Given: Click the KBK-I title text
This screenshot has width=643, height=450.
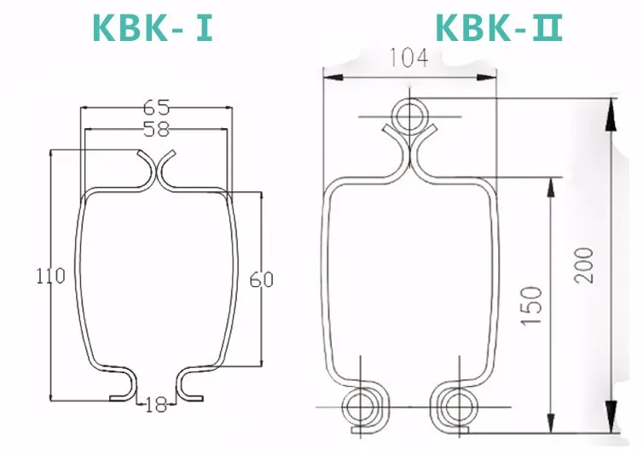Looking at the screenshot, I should click(152, 28).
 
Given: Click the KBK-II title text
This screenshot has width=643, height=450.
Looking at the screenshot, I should click(499, 28).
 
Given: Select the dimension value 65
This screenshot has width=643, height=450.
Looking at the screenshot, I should click(156, 107).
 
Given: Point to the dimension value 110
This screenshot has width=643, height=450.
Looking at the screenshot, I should click(50, 277).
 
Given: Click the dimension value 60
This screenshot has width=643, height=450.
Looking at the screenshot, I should click(262, 279).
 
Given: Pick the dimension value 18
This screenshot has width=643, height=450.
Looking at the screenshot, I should click(156, 404).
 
